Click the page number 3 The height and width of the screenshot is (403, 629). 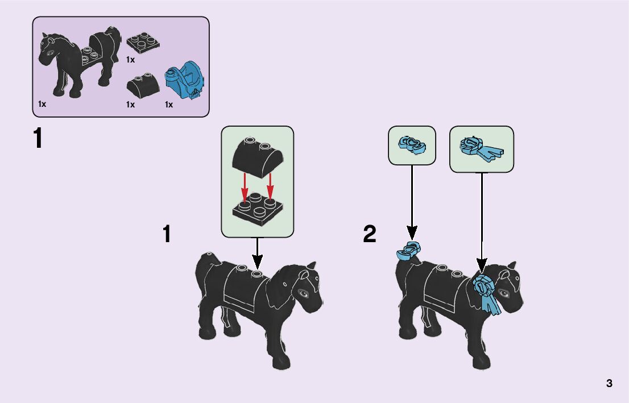pos(609,383)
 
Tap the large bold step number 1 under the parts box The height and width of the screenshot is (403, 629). pos(38,139)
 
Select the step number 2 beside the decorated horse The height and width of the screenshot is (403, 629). pos(370,234)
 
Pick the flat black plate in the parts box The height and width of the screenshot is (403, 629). pos(142,43)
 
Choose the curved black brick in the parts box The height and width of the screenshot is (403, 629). pos(142,87)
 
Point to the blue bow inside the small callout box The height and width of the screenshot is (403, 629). pos(412,146)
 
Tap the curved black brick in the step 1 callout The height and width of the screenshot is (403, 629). pos(256,154)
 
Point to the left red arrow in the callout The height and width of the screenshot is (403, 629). pos(245,187)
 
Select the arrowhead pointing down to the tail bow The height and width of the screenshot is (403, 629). pos(412,232)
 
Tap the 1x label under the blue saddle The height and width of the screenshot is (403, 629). pos(169,105)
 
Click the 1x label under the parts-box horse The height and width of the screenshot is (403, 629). pos(42,105)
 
